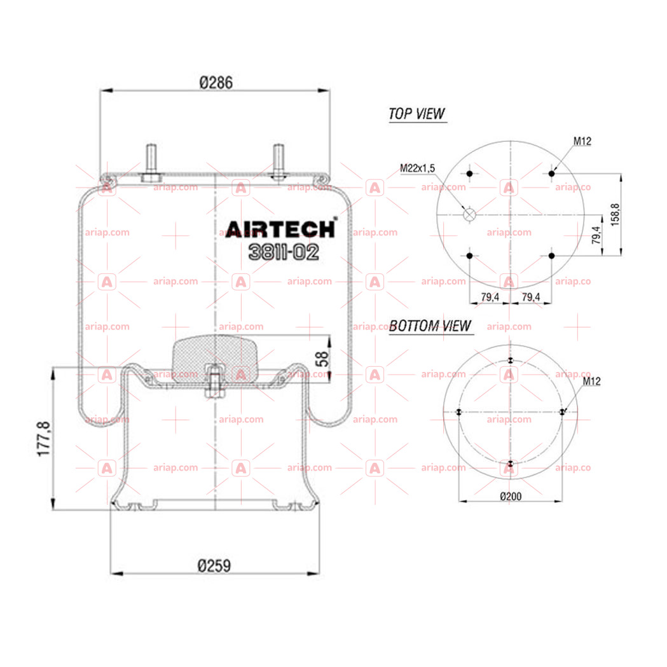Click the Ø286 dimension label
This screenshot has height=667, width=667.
point(216,83)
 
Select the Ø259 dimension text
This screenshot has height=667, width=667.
point(214,566)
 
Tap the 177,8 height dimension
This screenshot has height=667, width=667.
point(44,439)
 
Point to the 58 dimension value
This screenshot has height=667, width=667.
point(322,359)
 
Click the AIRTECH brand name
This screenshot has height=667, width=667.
point(281,229)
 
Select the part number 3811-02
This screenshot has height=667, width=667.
point(284,252)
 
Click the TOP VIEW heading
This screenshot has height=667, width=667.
point(417,114)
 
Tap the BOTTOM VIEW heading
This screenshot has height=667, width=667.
point(430,326)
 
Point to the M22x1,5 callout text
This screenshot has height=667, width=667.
point(417,168)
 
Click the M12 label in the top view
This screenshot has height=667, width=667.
point(582,141)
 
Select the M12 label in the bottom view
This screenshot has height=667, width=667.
point(592,381)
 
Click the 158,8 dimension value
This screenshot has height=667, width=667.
point(615,214)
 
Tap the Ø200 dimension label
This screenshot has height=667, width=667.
point(511,496)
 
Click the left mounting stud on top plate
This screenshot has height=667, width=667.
point(151,163)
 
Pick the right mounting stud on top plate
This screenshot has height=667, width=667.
point(278,163)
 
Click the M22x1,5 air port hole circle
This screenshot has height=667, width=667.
point(469,214)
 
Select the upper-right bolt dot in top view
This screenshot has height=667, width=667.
point(552,174)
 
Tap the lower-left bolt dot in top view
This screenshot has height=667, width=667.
point(470,256)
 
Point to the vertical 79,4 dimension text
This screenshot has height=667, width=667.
point(596,235)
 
